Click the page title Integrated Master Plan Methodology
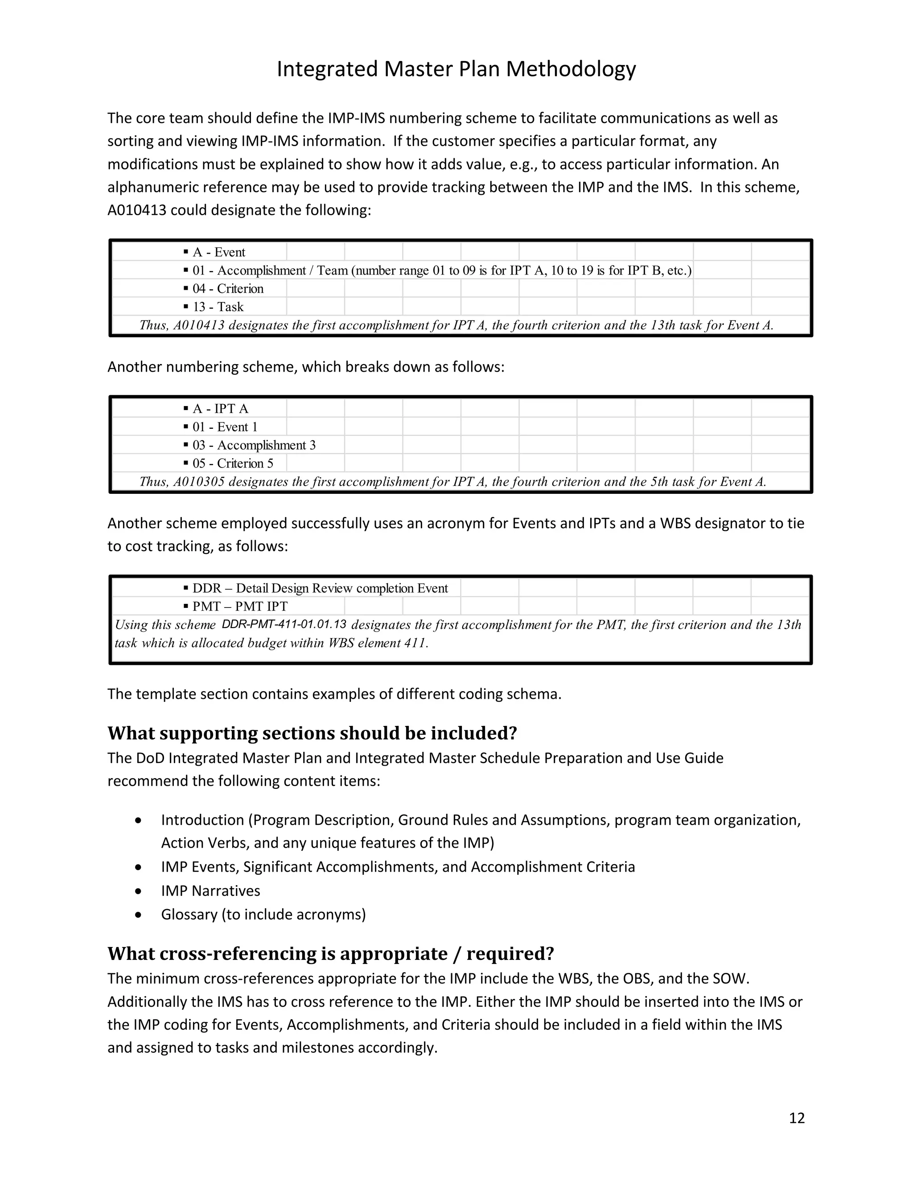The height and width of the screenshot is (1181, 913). coord(456,69)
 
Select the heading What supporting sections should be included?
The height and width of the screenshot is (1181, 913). coord(312,733)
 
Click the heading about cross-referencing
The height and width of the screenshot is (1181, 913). coord(330,953)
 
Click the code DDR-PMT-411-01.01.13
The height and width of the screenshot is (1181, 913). coord(284,624)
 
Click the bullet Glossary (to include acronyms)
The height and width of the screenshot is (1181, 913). coord(263,914)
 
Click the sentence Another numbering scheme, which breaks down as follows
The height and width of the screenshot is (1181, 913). coord(305,367)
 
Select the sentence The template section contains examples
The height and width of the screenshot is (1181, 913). coord(334,694)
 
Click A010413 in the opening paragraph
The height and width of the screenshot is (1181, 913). coord(137,210)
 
